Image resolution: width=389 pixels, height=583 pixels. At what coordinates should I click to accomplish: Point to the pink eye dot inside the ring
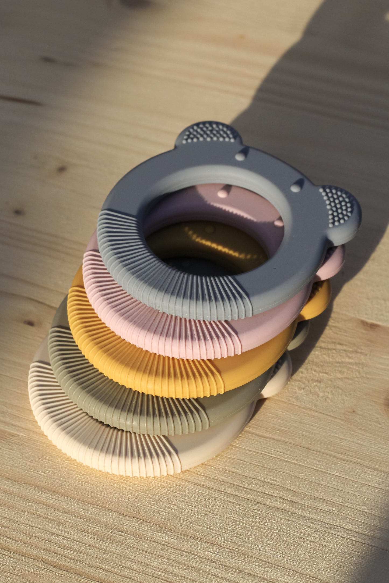pos(223,193)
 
